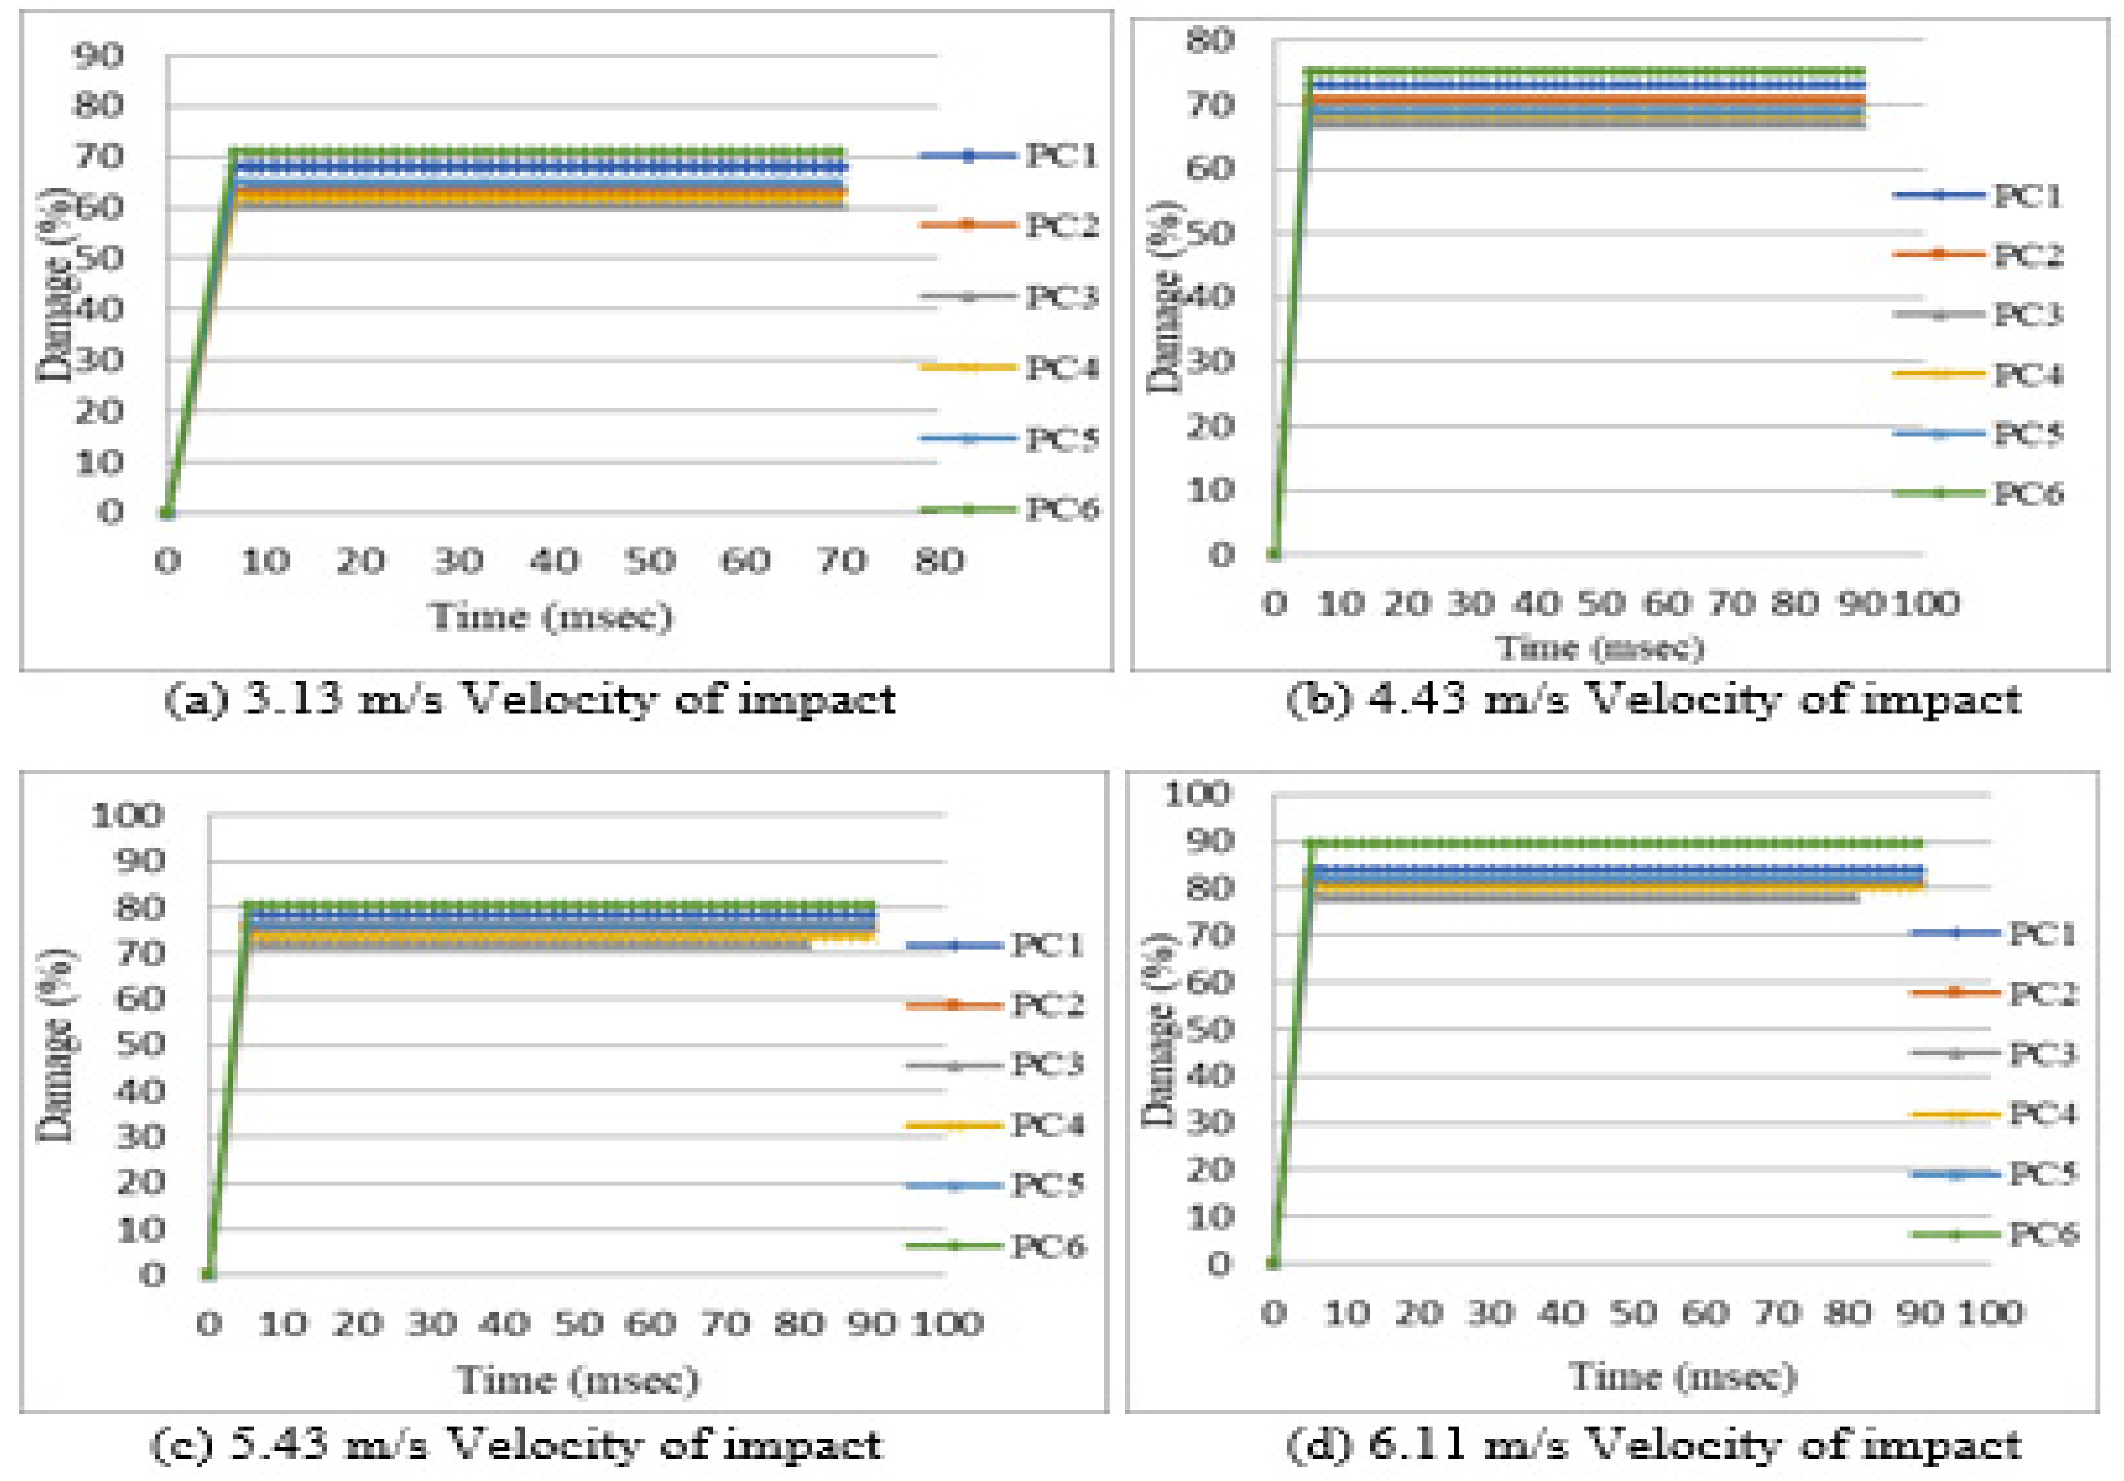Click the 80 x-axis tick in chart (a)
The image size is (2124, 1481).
(x=939, y=561)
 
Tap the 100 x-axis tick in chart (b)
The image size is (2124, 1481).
(x=1927, y=603)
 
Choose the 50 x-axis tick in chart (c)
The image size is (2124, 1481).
(x=578, y=1324)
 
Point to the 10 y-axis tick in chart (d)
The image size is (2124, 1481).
(x=1210, y=1217)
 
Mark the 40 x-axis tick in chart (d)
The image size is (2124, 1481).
(x=1563, y=1313)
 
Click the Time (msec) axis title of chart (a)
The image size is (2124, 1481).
(x=551, y=617)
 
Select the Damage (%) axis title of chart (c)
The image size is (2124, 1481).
(x=57, y=1045)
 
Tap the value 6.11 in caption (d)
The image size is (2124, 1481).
(x=1416, y=1443)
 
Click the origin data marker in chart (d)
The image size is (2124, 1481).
(x=1274, y=1264)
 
